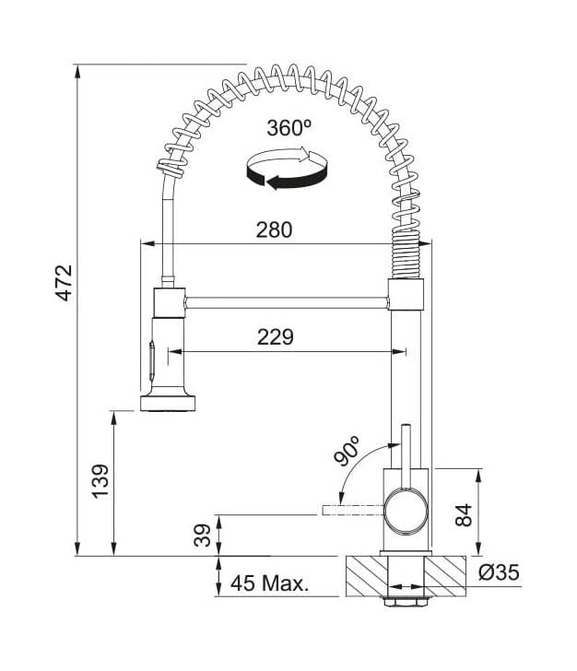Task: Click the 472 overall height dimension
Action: click(65, 283)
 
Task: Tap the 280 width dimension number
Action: click(275, 230)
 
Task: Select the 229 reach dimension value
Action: click(276, 337)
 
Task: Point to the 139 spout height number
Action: click(100, 481)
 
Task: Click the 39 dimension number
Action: click(203, 536)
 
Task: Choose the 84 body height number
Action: click(464, 515)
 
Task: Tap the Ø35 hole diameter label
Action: click(499, 572)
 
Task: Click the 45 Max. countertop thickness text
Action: click(269, 583)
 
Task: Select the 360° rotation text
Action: click(288, 127)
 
